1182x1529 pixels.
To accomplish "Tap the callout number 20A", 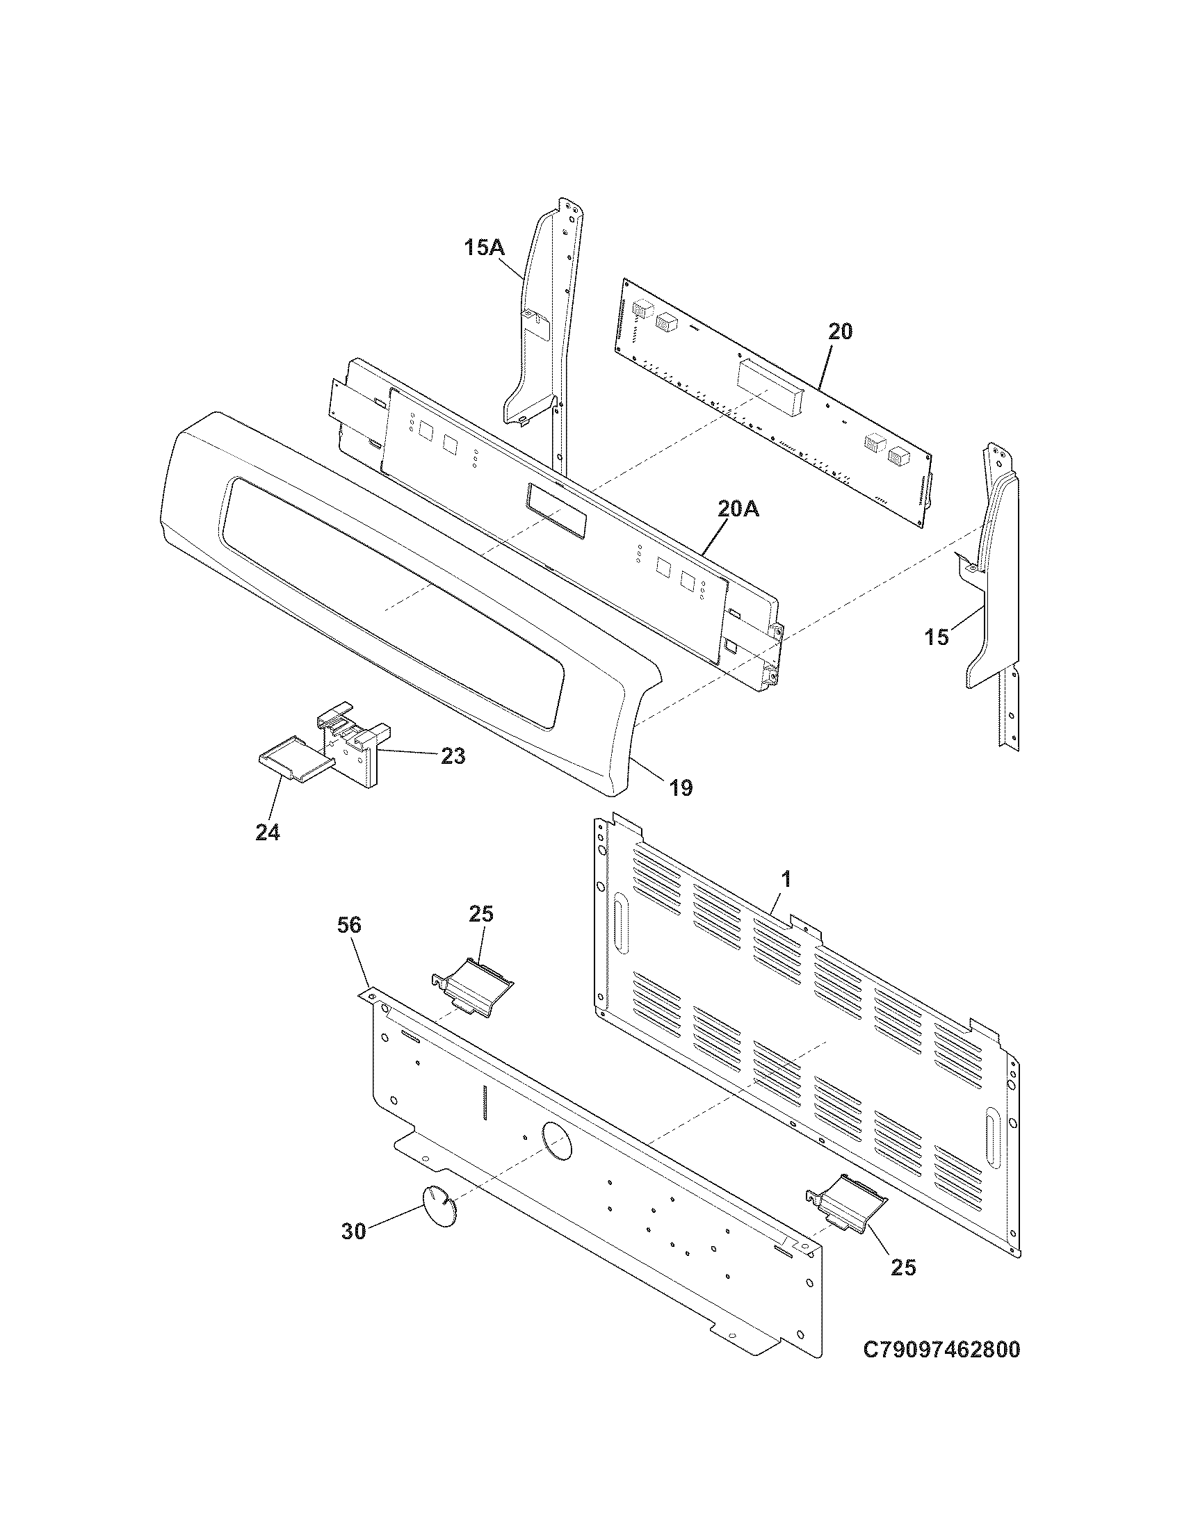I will (738, 509).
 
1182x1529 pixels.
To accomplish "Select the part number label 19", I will (680, 788).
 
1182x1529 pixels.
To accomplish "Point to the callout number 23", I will (453, 757).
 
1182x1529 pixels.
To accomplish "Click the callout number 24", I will (268, 833).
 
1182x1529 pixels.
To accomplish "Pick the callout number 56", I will (349, 926).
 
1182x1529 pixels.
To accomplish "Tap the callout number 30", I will (354, 1232).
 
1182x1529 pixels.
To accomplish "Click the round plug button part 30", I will (439, 1207).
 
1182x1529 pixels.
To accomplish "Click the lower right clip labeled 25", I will (848, 1202).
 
